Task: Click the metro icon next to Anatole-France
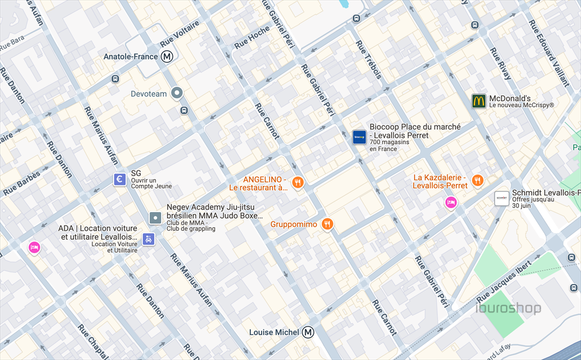point(167,57)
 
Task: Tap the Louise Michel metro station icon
point(308,332)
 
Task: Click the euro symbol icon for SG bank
point(120,180)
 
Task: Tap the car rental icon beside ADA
point(148,239)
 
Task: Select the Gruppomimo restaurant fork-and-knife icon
point(327,225)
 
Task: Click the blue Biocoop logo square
point(359,137)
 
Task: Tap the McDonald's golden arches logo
point(479,101)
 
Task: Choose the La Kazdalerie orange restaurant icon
point(478,180)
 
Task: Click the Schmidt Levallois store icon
point(502,198)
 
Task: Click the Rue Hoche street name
point(252,37)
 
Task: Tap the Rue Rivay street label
point(500,63)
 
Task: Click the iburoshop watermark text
point(508,309)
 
